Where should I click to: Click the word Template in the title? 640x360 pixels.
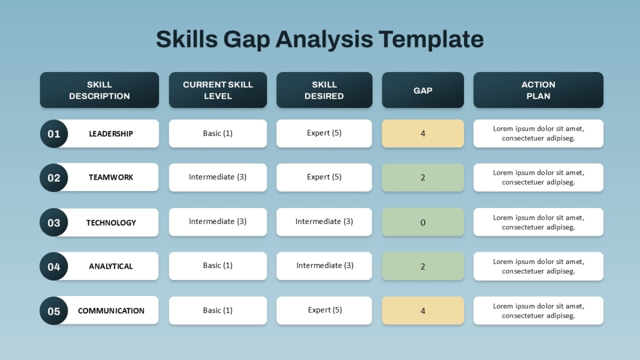click(x=431, y=39)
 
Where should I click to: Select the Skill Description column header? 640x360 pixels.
click(x=99, y=90)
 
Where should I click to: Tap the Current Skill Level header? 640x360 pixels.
click(x=218, y=90)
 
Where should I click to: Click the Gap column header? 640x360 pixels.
click(x=423, y=90)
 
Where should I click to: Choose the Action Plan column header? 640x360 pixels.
click(x=538, y=90)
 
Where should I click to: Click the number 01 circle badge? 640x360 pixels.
click(x=54, y=134)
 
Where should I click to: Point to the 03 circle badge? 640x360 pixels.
click(x=54, y=222)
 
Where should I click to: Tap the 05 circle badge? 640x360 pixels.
click(x=54, y=310)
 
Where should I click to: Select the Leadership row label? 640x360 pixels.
click(x=111, y=134)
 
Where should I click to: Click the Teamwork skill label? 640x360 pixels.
click(x=111, y=178)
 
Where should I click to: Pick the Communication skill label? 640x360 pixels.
click(x=111, y=310)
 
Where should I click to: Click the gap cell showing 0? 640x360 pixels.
click(x=423, y=222)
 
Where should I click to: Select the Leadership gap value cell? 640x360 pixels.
click(x=423, y=133)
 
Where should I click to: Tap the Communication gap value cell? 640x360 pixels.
click(x=423, y=310)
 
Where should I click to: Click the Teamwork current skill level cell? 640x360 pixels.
click(x=218, y=178)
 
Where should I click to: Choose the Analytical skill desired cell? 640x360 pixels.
click(x=324, y=266)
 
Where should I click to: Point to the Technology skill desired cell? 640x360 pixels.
click(x=324, y=222)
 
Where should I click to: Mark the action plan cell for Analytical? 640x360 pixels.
click(x=538, y=266)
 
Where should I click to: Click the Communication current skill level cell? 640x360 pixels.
click(x=218, y=310)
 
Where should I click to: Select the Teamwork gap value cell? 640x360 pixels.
click(x=423, y=178)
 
